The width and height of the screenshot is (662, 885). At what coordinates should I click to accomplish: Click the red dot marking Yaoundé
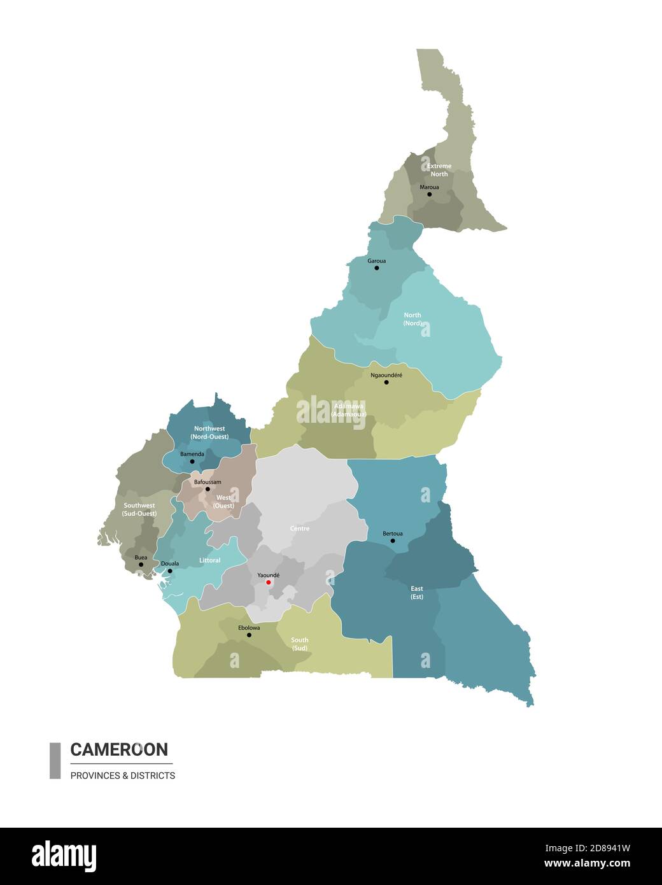point(269,582)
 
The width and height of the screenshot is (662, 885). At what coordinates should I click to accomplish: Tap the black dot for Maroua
point(429,194)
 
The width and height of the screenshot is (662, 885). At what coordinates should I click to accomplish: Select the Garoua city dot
point(376,268)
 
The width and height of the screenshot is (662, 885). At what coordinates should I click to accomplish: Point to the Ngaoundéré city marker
point(386,382)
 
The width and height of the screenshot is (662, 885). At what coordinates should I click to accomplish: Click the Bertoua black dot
point(392,541)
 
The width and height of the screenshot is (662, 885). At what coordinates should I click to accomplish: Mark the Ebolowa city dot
point(249,635)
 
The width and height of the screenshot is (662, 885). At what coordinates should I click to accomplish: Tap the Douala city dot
point(170,571)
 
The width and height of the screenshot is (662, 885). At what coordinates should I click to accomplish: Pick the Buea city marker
point(141,565)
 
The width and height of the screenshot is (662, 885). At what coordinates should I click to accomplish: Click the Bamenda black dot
point(192,461)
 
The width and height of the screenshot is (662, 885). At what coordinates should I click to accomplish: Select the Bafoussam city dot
point(208,489)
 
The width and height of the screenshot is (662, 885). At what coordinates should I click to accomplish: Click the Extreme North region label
point(439,170)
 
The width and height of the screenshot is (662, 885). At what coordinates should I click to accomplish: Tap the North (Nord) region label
point(412,319)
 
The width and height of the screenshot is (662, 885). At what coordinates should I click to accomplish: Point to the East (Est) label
point(417,593)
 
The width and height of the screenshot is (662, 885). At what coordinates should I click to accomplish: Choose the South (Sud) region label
point(299,644)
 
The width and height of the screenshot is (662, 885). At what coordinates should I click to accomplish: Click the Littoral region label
point(210,560)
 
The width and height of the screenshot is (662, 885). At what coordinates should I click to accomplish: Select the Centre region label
point(300,528)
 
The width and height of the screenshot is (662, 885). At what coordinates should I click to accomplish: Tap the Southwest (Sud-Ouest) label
point(139,509)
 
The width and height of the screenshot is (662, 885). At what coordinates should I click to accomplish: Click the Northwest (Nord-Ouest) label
point(209,432)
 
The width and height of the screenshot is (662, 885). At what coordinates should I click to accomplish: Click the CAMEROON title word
point(119,749)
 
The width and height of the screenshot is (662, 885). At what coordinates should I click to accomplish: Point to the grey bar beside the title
point(55,760)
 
